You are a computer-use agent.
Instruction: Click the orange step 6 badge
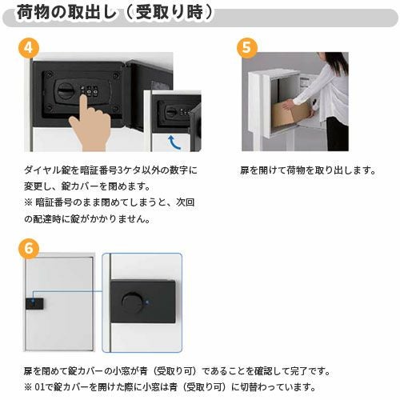coord(29,249)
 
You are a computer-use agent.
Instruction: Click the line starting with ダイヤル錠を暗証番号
coord(110,170)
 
